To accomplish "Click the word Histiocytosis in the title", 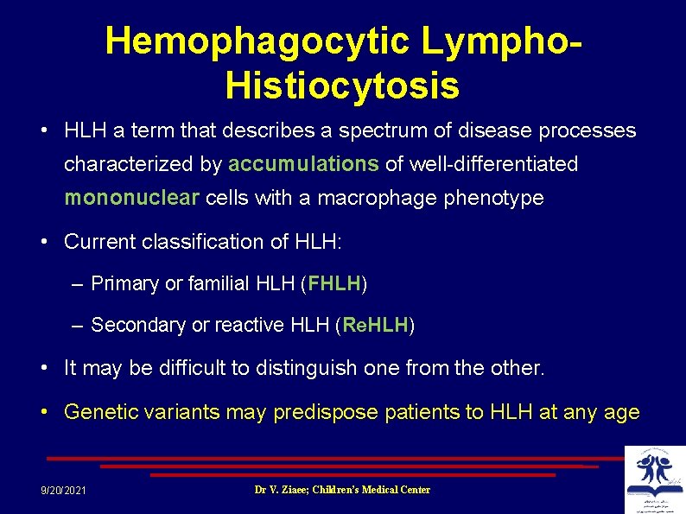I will [342, 86].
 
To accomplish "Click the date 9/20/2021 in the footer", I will [63, 491].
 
